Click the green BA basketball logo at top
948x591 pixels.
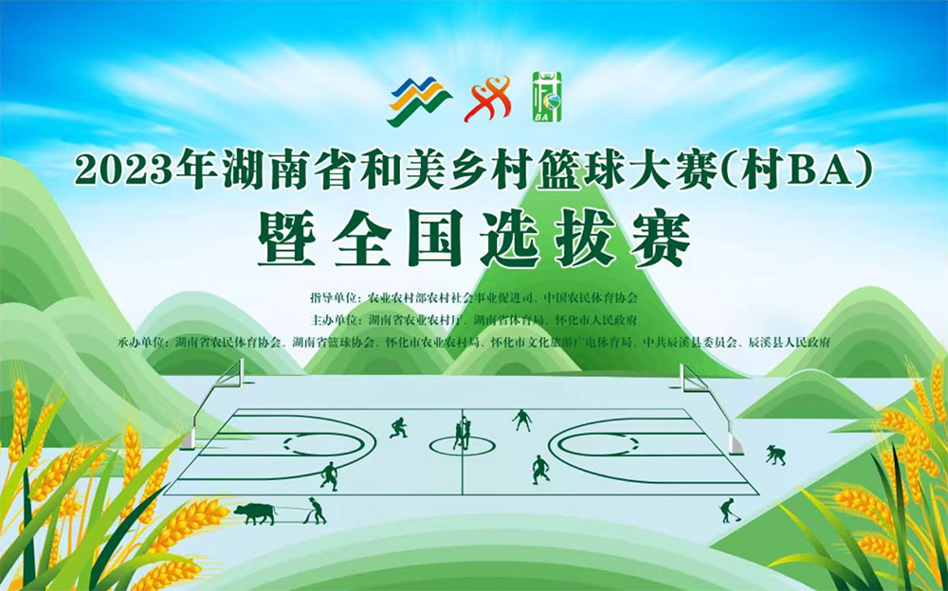tap(547, 97)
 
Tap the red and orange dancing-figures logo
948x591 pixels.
tap(487, 98)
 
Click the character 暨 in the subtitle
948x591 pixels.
tap(286, 239)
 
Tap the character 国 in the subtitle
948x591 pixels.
tap(434, 239)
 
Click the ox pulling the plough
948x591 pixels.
tap(255, 513)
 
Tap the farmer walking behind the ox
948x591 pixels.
tap(316, 510)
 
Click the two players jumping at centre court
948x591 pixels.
tap(463, 432)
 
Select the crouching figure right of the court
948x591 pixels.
tap(775, 455)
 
